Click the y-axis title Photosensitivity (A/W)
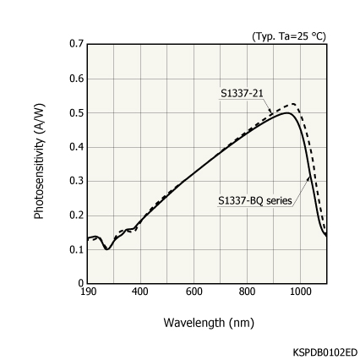click(39, 161)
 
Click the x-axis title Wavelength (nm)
click(208, 322)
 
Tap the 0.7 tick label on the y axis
click(77, 43)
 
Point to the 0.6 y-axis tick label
click(77, 79)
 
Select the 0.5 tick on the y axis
click(77, 112)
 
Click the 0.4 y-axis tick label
click(77, 146)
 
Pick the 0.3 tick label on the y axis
click(77, 181)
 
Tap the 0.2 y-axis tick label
click(77, 215)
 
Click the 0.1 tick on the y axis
click(77, 249)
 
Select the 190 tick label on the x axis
click(87, 292)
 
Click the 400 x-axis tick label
click(140, 292)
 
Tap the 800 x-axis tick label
click(248, 292)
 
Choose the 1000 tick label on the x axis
click(301, 292)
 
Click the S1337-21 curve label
click(242, 93)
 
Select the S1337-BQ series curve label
click(255, 200)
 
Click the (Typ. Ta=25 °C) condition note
click(288, 35)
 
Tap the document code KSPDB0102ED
click(325, 351)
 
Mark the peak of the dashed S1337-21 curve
click(292, 104)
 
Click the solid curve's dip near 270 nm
click(107, 249)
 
